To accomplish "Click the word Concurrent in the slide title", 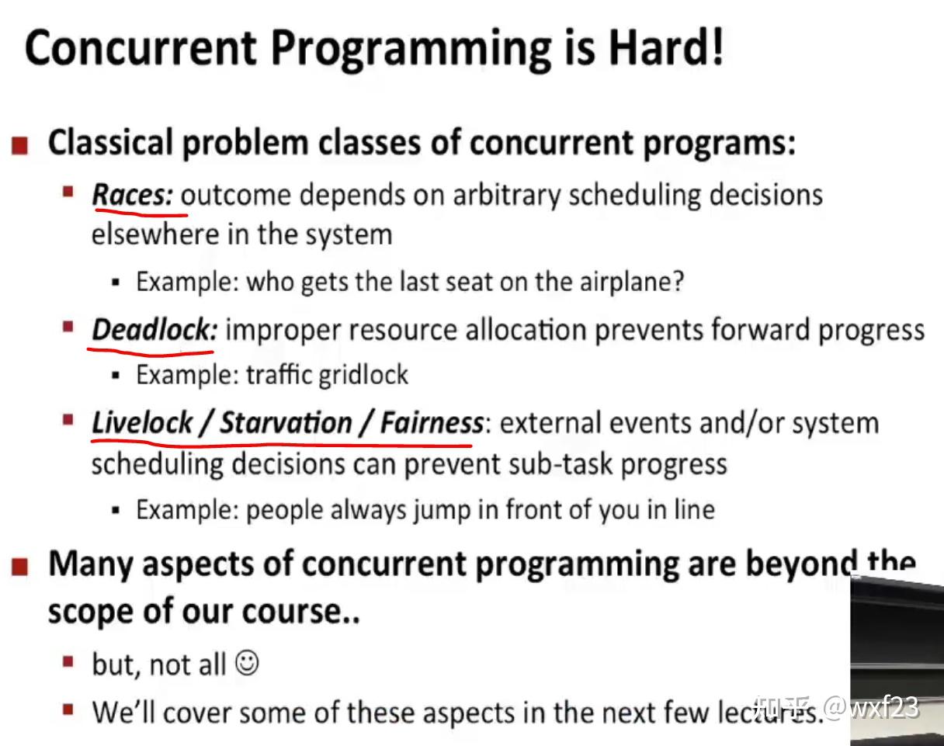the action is pyautogui.click(x=141, y=48).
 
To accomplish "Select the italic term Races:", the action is pyautogui.click(x=133, y=194).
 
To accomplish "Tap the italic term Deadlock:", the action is pyautogui.click(x=154, y=329).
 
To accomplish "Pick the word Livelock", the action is pyautogui.click(x=142, y=423).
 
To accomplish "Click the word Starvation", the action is pyautogui.click(x=286, y=423).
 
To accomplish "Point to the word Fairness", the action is pyautogui.click(x=432, y=423).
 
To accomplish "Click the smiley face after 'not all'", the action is pyautogui.click(x=247, y=662).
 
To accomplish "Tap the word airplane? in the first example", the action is pyautogui.click(x=632, y=282).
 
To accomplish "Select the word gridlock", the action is pyautogui.click(x=363, y=376).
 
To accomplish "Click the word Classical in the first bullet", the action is pyautogui.click(x=110, y=142).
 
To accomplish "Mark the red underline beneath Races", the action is pyautogui.click(x=141, y=214).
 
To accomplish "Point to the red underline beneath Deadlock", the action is pyautogui.click(x=151, y=352).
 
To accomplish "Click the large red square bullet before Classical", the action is pyautogui.click(x=19, y=146).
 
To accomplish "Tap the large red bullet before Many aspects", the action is pyautogui.click(x=19, y=566).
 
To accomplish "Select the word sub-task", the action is pyautogui.click(x=563, y=464).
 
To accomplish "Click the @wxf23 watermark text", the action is pyautogui.click(x=871, y=707).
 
